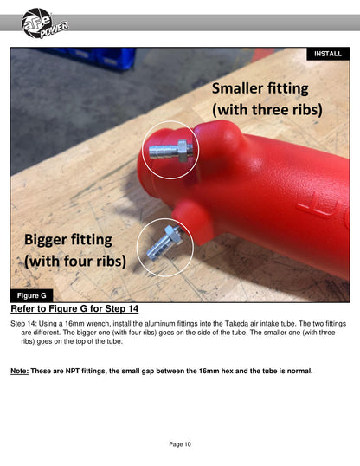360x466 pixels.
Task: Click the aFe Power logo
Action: point(44,23)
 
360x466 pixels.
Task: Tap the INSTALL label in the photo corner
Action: point(328,54)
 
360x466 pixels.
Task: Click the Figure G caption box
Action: point(32,295)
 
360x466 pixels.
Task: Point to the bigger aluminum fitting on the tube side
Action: point(164,243)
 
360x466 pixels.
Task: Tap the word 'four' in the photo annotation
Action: point(74,261)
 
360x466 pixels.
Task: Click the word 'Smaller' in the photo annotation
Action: point(237,88)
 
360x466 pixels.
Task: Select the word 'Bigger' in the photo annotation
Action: point(46,240)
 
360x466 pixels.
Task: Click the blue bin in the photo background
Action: point(98,57)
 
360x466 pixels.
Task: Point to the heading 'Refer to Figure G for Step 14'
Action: point(74,308)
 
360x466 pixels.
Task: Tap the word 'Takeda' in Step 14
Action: point(236,324)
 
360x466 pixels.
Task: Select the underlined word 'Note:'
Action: point(20,372)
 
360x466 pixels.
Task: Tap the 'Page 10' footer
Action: point(180,444)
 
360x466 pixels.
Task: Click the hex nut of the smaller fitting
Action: point(184,151)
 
